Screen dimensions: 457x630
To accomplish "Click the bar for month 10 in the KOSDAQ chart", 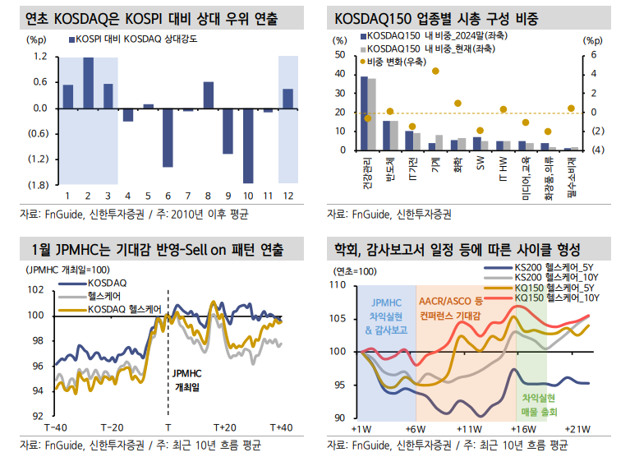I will [247, 145].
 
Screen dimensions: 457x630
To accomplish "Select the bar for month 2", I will [88, 83].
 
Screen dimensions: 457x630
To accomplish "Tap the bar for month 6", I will [168, 137].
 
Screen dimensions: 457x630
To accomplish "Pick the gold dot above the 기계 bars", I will [435, 72].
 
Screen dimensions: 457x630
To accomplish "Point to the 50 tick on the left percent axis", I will [341, 54].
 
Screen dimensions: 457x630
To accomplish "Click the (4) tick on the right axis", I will [598, 150].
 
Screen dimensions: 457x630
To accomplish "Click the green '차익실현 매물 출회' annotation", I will [539, 404].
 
